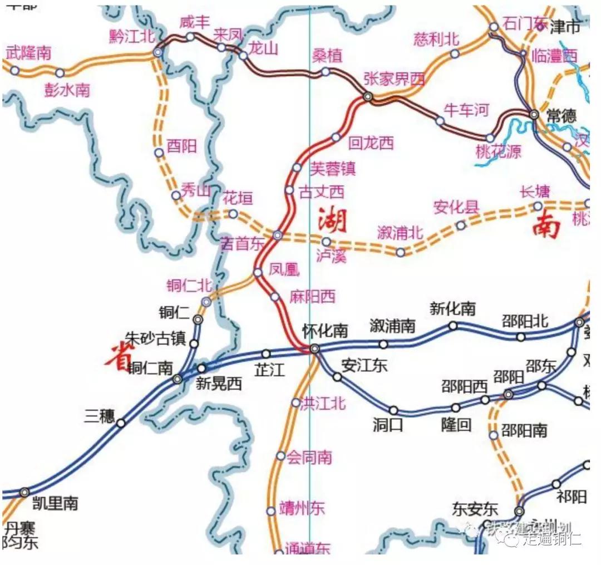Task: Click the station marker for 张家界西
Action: [x=367, y=97]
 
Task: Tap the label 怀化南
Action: [x=325, y=331]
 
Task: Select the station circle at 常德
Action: [x=534, y=114]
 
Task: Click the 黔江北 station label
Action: [x=132, y=36]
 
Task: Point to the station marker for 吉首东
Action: [x=278, y=235]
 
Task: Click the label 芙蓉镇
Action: [x=333, y=168]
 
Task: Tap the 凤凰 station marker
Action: [x=258, y=272]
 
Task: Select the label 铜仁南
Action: [x=150, y=369]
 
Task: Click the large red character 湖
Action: [x=332, y=221]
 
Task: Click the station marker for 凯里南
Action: [x=24, y=492]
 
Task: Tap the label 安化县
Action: [x=456, y=208]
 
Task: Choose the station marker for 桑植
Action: [x=326, y=72]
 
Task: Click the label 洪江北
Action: [x=323, y=403]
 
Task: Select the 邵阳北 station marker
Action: [x=520, y=337]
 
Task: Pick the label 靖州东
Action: [x=302, y=509]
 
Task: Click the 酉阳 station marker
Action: [x=159, y=153]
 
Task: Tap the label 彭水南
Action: [x=67, y=90]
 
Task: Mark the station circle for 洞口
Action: [x=393, y=410]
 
